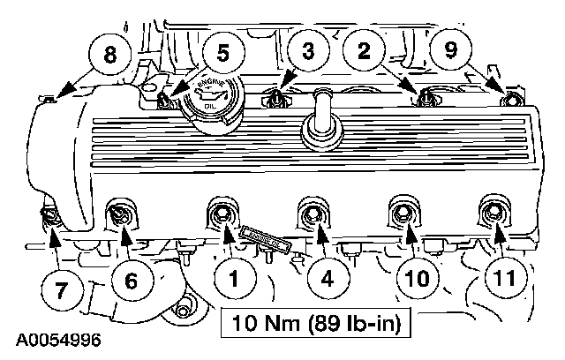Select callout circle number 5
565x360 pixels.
point(222,51)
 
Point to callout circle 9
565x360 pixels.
point(450,51)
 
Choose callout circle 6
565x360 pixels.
point(130,281)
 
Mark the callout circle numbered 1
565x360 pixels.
point(234,281)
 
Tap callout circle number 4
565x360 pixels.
point(327,281)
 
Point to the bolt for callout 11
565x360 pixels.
point(492,213)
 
